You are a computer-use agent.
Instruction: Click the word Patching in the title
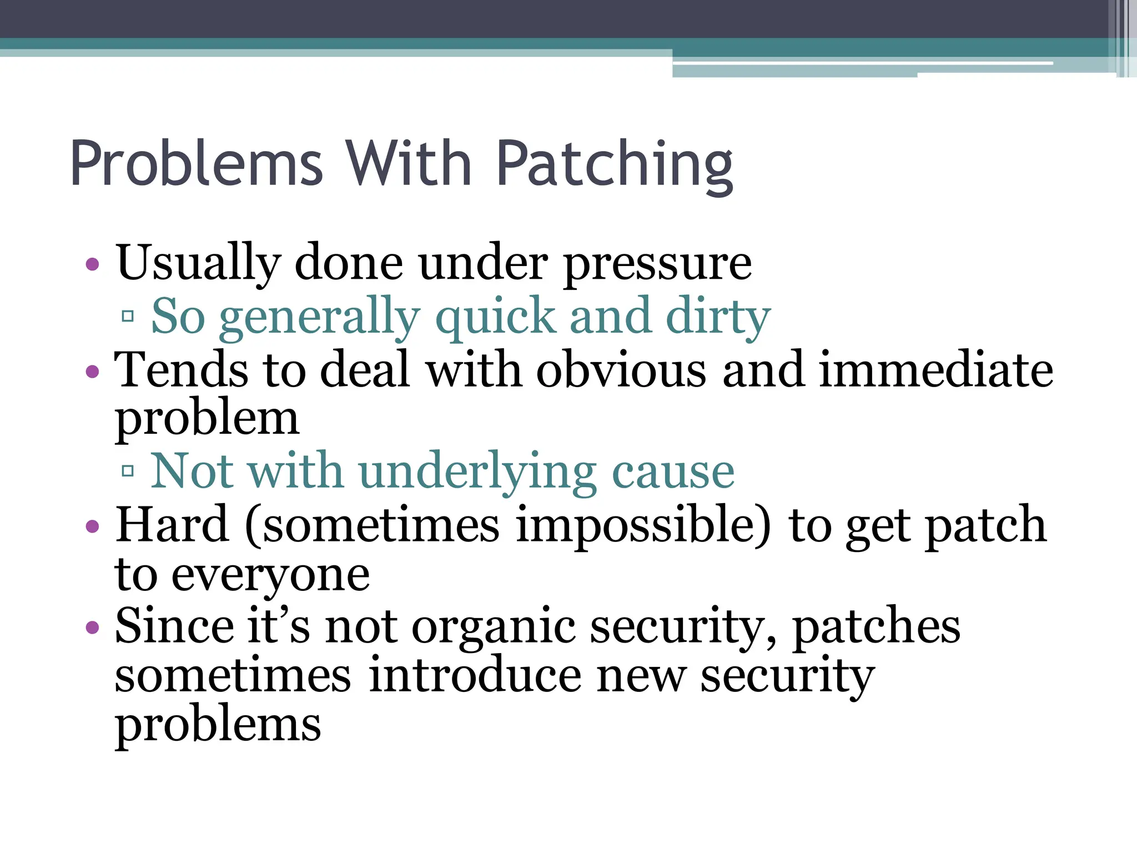615,165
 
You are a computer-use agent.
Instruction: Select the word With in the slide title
409,164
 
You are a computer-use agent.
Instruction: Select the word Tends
181,370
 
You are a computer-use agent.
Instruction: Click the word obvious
621,370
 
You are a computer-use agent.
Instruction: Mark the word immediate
936,370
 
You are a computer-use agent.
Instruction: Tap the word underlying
478,473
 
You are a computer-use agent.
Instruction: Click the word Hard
172,524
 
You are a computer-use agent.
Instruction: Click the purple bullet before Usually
93,264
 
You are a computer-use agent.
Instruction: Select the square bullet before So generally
128,317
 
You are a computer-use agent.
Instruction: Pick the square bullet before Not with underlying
128,471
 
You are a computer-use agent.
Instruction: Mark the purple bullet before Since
93,628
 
